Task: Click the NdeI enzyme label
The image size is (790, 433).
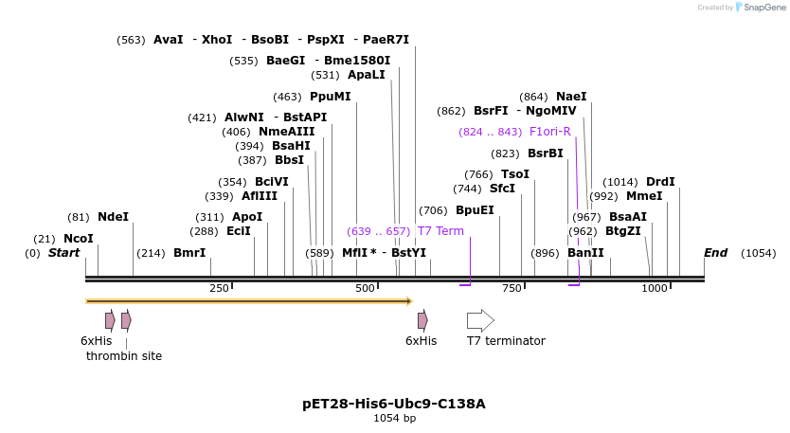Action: point(113,217)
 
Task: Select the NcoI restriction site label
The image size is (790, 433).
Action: point(79,239)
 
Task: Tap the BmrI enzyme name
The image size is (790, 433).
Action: point(189,253)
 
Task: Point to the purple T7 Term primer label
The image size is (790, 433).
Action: point(440,231)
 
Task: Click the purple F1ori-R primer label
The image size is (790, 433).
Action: point(550,132)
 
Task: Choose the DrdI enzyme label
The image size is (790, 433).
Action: point(660,182)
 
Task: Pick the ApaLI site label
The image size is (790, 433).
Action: point(367,75)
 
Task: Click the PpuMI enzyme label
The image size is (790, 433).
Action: point(330,97)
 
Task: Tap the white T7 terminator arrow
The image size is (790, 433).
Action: point(480,320)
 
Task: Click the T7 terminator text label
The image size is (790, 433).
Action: point(506,341)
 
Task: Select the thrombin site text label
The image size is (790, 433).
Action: point(124,356)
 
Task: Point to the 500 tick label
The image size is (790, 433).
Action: point(365,288)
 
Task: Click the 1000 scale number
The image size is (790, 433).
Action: point(655,288)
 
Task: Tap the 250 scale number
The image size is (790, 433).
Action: point(219,288)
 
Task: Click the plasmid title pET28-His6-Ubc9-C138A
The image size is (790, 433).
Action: point(394,404)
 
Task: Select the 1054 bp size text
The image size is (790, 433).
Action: point(394,418)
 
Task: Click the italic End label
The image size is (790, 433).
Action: point(715,253)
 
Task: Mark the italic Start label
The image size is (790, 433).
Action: point(64,253)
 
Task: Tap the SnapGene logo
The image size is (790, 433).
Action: point(761,8)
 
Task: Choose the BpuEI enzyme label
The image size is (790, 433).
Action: point(475,210)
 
